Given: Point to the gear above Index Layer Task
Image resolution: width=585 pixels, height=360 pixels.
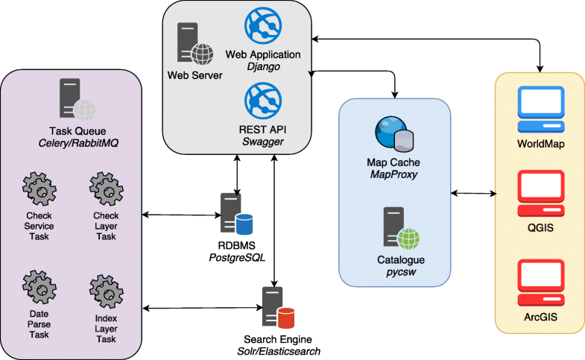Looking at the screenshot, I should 105,289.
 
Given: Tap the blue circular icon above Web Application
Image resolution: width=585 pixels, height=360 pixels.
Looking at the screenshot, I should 262,26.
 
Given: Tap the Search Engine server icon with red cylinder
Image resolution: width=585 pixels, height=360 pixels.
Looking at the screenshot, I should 276,304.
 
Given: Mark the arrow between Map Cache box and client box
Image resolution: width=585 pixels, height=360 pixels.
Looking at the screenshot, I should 473,194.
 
